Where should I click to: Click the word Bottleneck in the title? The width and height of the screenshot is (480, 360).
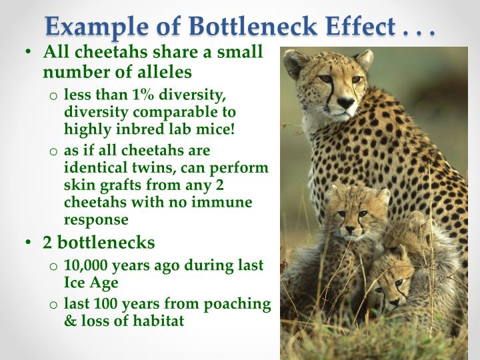[x=253, y=26]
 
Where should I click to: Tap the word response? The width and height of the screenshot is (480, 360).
[x=96, y=220]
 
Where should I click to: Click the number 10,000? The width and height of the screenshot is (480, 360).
[x=85, y=265]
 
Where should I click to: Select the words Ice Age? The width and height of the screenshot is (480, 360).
[x=91, y=283]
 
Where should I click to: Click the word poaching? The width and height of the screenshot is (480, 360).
[x=237, y=304]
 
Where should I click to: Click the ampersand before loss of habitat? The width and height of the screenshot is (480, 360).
[x=71, y=321]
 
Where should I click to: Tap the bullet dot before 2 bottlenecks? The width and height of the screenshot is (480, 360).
[x=29, y=242]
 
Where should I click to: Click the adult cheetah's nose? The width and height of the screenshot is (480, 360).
[x=346, y=102]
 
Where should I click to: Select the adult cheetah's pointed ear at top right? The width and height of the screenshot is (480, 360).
[x=365, y=59]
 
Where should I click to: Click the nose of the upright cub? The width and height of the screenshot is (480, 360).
[x=351, y=229]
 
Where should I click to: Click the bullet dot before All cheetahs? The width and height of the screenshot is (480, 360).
[x=29, y=51]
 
